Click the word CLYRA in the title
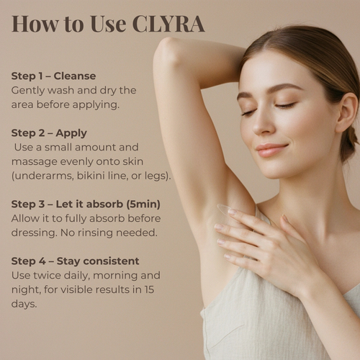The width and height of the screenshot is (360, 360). tap(168, 24)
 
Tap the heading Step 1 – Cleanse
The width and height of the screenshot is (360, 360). tap(53, 76)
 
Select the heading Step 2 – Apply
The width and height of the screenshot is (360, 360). tap(49, 133)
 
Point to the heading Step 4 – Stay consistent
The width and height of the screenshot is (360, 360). tap(75, 261)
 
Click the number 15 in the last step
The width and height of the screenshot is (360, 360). tap(149, 289)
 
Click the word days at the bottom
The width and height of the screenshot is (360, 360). tap(24, 304)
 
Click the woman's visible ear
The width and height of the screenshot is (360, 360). tap(347, 113)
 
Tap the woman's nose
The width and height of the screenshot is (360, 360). tap(261, 124)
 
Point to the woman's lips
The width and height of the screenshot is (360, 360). tap(271, 150)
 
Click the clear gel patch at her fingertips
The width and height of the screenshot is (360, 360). tap(225, 210)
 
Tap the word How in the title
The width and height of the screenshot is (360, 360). tap(35, 24)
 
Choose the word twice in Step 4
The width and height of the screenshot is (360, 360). tap(48, 275)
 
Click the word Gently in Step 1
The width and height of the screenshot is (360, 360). tap(28, 91)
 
